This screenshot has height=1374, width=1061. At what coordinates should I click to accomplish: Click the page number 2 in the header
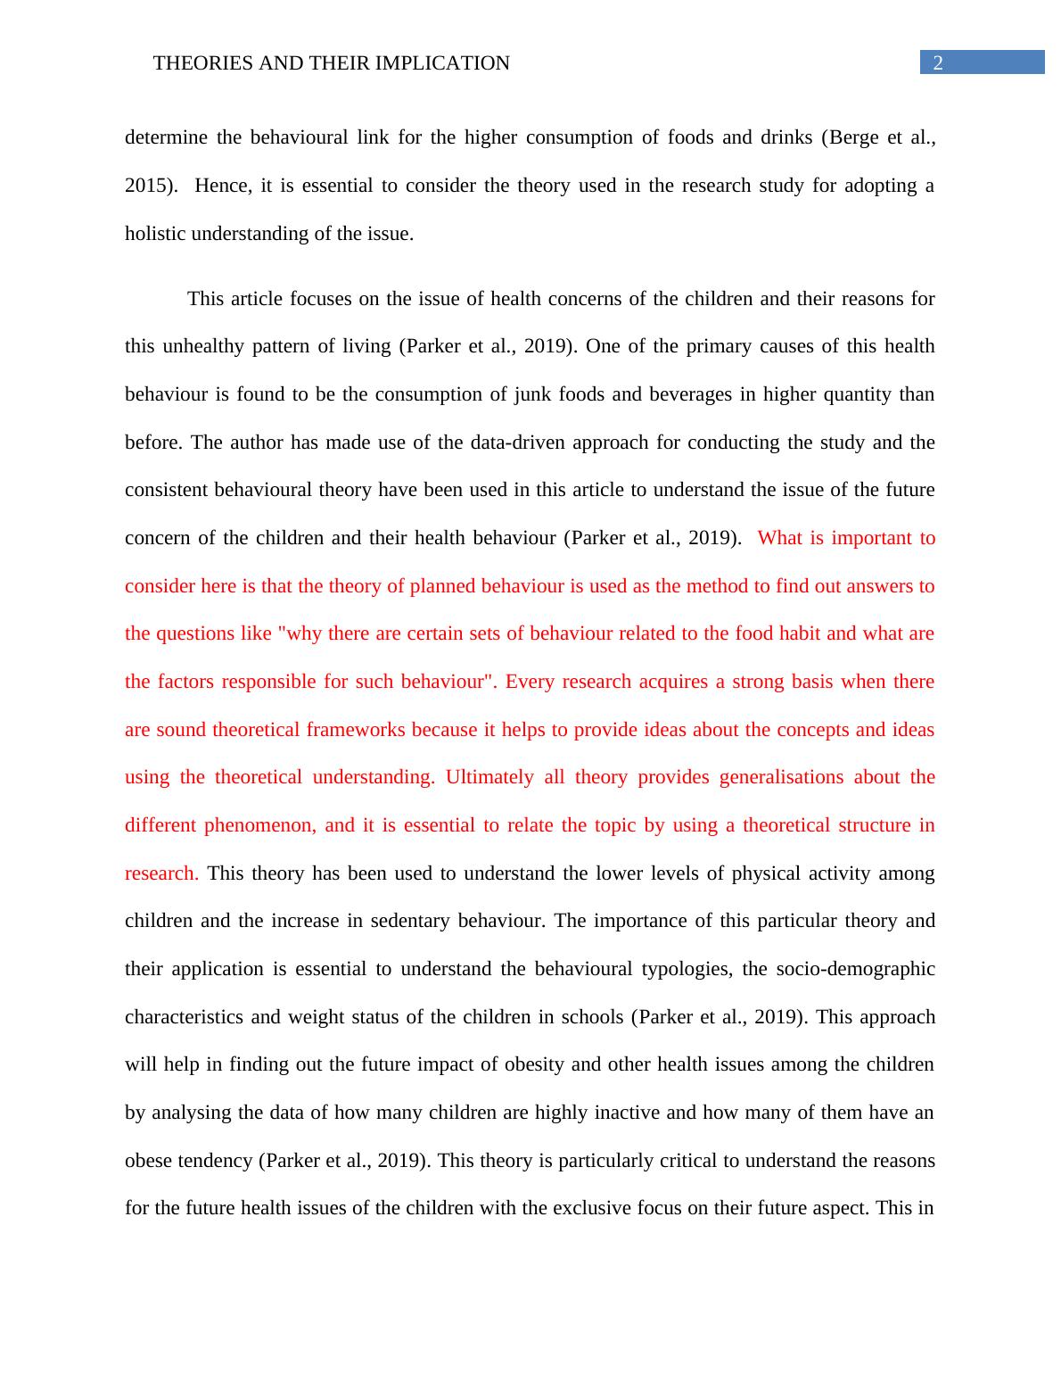(937, 62)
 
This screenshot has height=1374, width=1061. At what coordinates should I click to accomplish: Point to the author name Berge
(856, 137)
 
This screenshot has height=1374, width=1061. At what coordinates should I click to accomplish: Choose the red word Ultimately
(489, 777)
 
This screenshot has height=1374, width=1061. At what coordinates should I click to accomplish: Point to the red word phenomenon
(259, 825)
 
